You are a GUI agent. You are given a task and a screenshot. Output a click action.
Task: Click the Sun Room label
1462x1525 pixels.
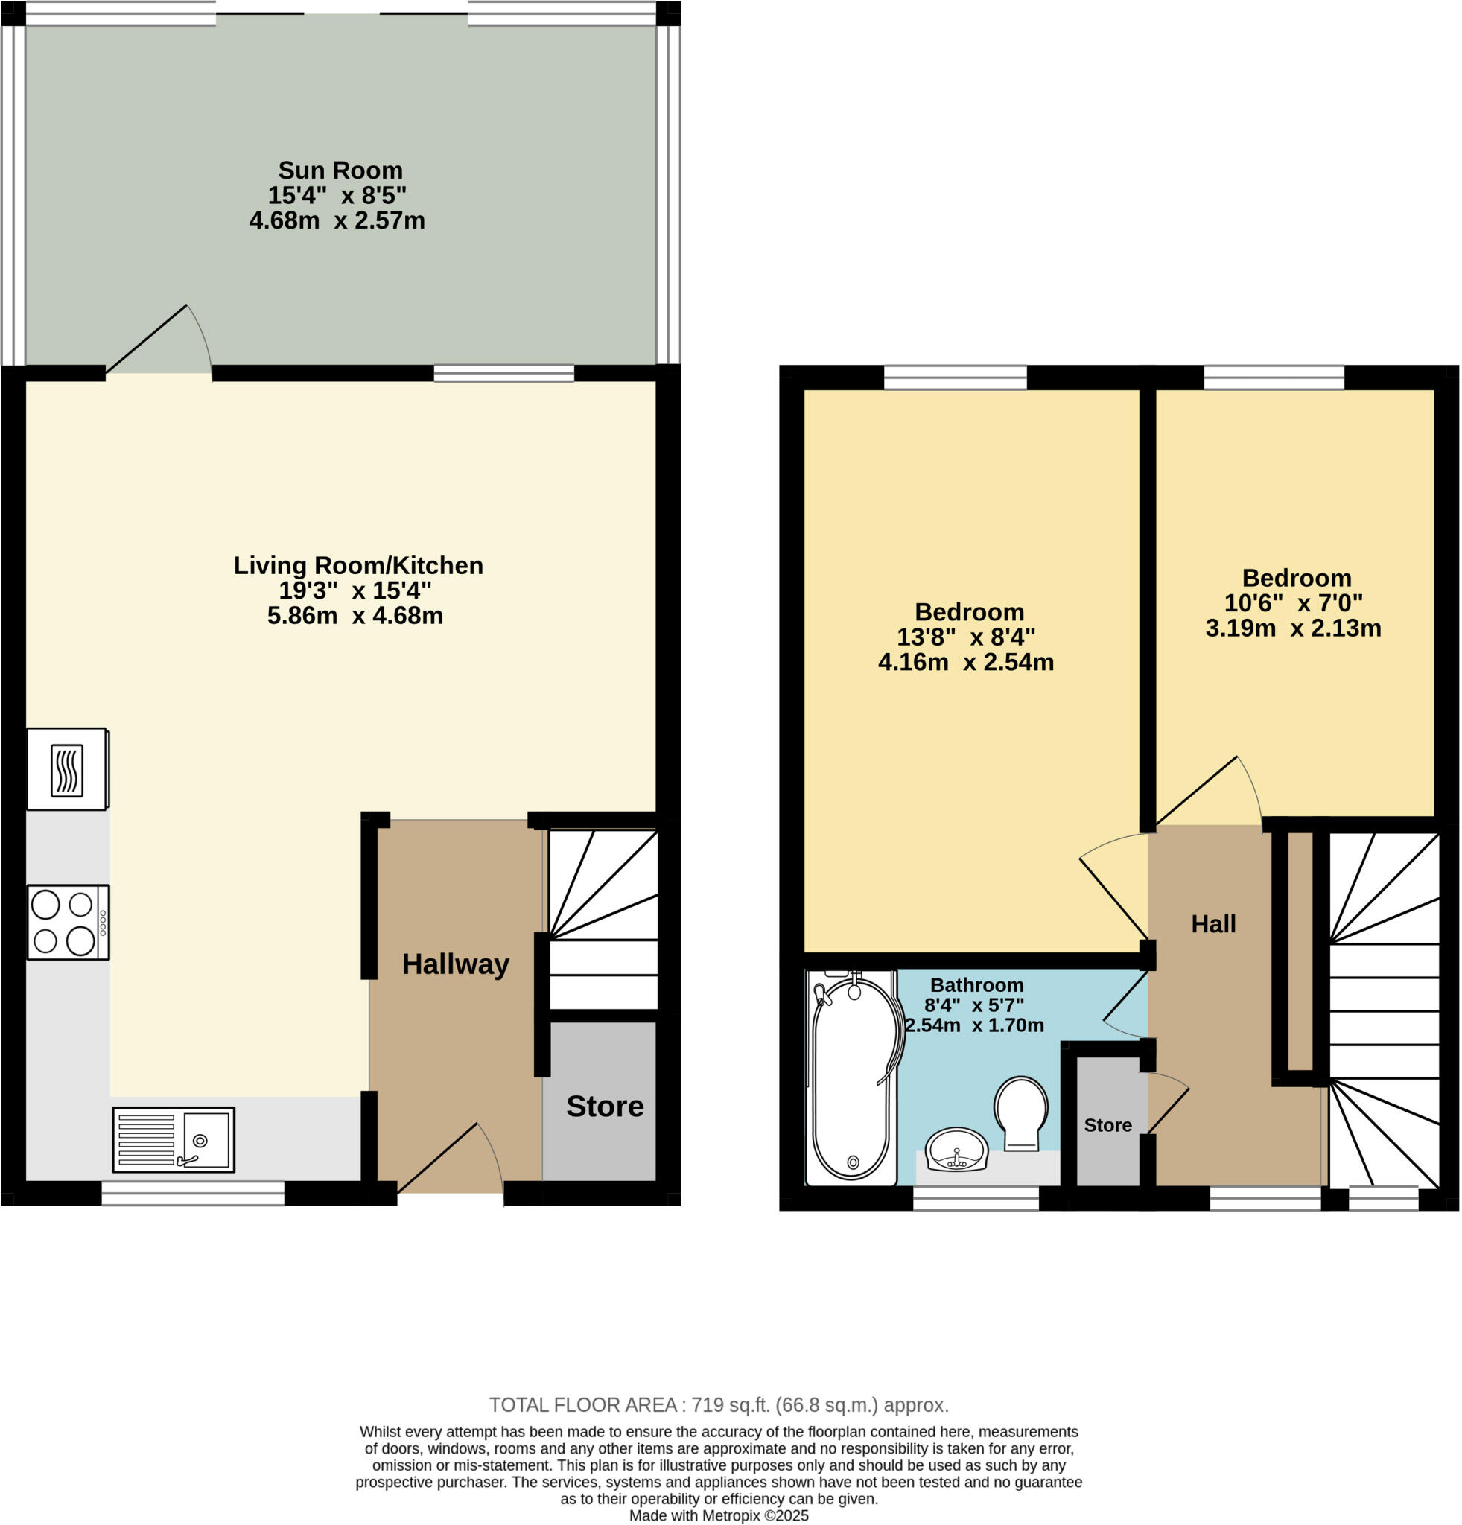pos(340,171)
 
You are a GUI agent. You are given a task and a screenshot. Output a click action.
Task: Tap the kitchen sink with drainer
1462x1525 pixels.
pos(173,1140)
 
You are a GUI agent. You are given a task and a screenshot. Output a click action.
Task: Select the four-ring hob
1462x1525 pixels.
pos(68,922)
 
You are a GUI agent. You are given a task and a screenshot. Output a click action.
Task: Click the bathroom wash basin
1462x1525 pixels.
pos(956,1149)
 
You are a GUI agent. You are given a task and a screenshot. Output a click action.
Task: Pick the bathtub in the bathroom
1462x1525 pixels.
pos(852,1077)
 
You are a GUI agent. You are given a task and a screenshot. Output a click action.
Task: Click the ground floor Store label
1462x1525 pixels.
pos(605,1107)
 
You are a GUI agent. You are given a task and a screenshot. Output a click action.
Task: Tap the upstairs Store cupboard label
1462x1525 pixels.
pos(1107,1125)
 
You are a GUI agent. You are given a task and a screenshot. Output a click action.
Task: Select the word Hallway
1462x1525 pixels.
pos(455,965)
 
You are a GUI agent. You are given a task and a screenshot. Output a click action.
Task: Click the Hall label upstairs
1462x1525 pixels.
pos(1213,923)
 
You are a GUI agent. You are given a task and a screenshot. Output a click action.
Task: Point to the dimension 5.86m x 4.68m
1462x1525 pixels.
pos(355,616)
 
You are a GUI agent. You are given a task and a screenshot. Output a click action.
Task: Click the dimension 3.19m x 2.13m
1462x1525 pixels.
pos(1292,628)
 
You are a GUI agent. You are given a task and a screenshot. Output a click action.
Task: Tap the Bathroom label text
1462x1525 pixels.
pos(976,985)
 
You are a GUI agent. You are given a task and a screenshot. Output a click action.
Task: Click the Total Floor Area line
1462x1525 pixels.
pos(718,1405)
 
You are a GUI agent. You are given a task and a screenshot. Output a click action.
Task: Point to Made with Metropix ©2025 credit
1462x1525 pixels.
pos(718,1515)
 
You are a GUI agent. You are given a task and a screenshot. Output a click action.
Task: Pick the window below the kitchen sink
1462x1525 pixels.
pos(193,1194)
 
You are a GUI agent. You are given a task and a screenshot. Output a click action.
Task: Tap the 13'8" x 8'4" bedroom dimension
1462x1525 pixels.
pos(965,637)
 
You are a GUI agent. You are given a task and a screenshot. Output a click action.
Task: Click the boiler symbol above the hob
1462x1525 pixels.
pos(67,769)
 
